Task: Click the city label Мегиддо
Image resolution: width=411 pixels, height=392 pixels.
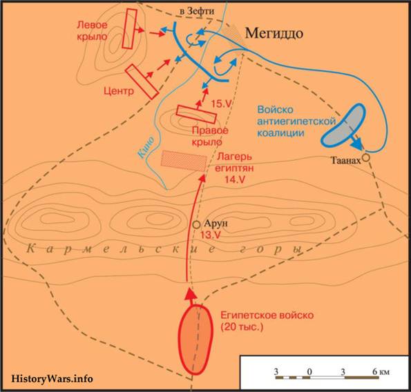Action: (274, 33)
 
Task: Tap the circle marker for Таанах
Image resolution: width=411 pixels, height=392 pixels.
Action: (366, 157)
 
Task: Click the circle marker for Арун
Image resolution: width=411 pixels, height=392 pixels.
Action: (197, 224)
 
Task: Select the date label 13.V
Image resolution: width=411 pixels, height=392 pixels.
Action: (211, 235)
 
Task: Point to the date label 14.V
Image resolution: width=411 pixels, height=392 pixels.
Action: (235, 179)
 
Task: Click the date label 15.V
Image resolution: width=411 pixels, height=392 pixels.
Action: (222, 104)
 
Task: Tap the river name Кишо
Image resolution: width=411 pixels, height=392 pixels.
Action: (146, 148)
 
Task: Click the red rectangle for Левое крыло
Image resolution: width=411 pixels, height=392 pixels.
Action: (130, 28)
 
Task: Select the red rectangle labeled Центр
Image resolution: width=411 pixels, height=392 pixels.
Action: (142, 81)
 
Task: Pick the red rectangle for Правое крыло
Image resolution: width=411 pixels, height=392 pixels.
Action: (196, 114)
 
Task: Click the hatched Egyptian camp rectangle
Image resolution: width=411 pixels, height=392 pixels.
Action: (184, 161)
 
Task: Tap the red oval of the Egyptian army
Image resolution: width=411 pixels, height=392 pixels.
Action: (195, 339)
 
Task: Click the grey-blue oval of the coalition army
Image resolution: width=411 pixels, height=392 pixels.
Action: (343, 125)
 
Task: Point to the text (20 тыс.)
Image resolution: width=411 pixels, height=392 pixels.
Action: (242, 327)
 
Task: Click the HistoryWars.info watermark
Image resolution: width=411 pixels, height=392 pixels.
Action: (52, 379)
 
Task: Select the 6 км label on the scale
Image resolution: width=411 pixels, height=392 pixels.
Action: (381, 371)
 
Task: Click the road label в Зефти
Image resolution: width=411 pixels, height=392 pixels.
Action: (197, 11)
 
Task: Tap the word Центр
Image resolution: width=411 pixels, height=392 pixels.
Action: (119, 91)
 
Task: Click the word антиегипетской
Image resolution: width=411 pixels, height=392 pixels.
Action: (296, 121)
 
